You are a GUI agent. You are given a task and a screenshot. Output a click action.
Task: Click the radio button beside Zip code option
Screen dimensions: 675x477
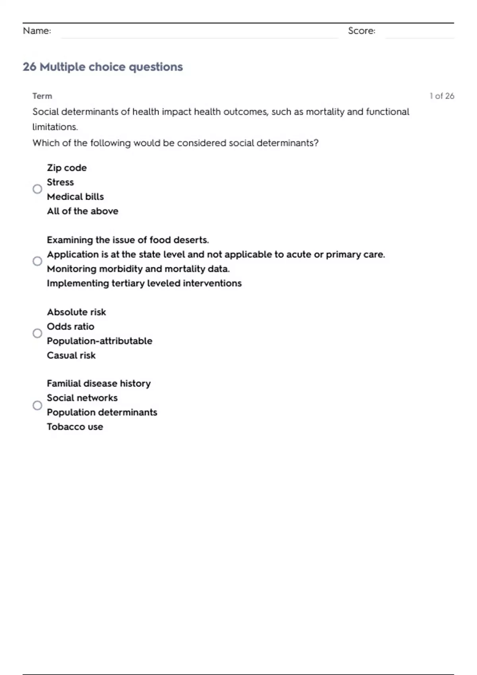37,189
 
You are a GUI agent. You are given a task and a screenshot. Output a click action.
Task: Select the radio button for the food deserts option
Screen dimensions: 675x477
37,261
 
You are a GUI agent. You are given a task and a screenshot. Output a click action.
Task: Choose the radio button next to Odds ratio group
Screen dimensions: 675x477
37,333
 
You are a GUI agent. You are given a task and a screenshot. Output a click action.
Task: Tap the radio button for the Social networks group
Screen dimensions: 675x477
37,405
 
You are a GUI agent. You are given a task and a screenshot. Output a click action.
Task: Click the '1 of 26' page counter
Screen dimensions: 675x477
442,96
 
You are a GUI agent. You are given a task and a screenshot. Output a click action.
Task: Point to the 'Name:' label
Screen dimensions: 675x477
37,31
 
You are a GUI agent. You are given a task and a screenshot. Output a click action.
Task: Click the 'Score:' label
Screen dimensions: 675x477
361,31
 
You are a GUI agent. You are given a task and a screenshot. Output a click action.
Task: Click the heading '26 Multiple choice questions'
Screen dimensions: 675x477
103,67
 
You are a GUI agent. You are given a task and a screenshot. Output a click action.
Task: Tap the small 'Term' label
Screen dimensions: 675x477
42,96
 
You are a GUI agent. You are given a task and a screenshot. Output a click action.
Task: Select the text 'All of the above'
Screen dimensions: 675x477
82,211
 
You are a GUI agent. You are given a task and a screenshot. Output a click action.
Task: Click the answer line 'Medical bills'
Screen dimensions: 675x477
75,197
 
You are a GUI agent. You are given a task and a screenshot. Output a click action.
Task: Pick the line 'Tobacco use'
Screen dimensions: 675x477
75,427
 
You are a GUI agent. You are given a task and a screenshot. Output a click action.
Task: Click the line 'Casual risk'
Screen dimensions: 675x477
71,355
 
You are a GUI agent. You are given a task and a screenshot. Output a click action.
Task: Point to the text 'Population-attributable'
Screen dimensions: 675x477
99,341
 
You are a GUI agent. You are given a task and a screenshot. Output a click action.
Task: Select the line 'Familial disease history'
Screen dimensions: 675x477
99,384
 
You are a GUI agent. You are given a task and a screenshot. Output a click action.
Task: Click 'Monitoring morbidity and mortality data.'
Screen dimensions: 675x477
138,269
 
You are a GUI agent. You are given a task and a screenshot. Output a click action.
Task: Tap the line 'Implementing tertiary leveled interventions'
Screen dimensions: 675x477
144,283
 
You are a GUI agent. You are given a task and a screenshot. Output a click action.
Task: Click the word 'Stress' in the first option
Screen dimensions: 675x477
60,182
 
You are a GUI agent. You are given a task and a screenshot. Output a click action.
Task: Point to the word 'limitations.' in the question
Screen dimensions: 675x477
55,127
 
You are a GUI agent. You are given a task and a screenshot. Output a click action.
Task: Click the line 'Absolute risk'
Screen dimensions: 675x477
76,312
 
